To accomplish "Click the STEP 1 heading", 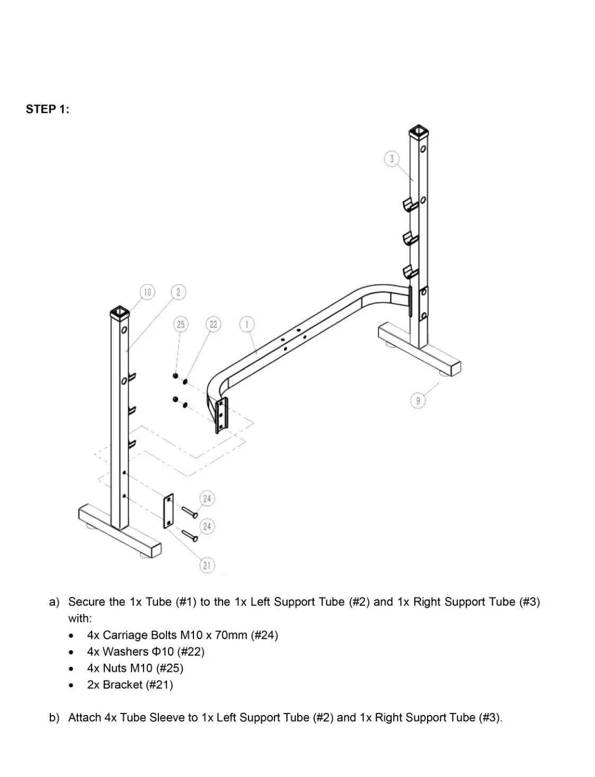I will [47, 109].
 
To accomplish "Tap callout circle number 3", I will [392, 158].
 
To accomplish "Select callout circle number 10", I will [147, 292].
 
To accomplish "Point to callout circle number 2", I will [179, 292].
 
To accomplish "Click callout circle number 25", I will [181, 324].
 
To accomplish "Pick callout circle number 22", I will [213, 324].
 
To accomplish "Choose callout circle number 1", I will [247, 324].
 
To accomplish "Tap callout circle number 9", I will [418, 400].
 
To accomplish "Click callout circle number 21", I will [207, 565].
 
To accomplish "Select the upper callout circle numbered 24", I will [207, 498].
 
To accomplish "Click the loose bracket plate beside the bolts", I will [168, 511].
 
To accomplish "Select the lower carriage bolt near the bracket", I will [189, 535].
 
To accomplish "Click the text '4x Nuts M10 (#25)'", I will [135, 668].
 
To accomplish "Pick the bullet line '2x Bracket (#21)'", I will [130, 685].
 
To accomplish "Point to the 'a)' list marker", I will [54, 602].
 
